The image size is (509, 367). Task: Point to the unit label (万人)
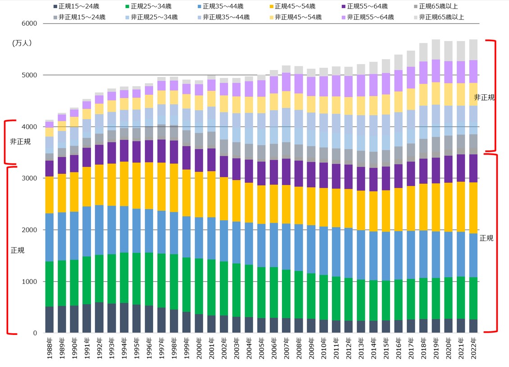[21, 43]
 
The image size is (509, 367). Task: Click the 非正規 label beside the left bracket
[20, 141]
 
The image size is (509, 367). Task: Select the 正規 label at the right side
[486, 238]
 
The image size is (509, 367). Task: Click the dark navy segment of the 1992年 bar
[99, 318]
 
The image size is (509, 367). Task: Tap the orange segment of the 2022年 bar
[473, 208]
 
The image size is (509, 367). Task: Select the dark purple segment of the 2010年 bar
[323, 175]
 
